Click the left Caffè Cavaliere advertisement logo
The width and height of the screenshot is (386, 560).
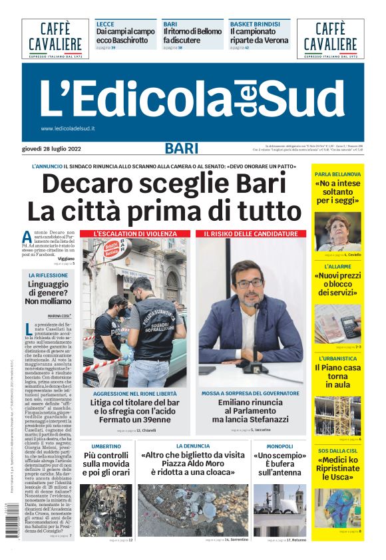[55, 38]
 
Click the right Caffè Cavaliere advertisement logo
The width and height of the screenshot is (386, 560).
[330, 38]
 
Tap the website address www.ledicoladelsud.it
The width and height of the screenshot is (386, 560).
[68, 128]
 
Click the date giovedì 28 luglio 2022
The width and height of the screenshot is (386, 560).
[51, 148]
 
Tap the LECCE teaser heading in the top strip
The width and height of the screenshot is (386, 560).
[105, 23]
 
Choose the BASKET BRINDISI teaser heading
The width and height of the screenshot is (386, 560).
[254, 23]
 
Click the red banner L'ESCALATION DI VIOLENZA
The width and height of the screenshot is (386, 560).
[135, 234]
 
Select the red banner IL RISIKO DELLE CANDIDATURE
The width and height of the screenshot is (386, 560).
[250, 234]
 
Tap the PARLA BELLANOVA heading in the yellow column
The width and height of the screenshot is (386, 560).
[337, 174]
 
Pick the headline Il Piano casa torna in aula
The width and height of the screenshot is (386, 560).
[337, 376]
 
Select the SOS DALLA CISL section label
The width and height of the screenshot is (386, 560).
[337, 451]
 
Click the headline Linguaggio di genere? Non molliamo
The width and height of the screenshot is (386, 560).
[47, 292]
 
